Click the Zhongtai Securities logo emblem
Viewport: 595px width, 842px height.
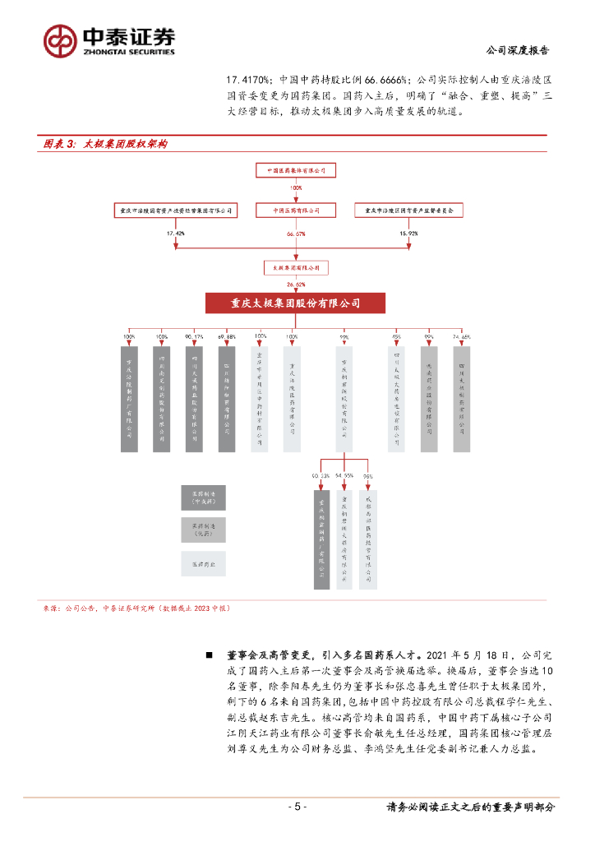coord(62,39)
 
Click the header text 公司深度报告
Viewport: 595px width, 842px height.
coord(519,50)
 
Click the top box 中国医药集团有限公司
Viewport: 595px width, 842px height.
coord(297,170)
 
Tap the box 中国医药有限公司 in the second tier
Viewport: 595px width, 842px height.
coord(297,210)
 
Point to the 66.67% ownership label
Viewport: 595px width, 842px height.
coord(297,234)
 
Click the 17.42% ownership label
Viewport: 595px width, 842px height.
coord(176,234)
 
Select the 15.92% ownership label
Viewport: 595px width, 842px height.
coord(408,234)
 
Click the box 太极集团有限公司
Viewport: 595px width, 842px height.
coord(297,268)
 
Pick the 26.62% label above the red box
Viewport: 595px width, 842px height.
coord(297,285)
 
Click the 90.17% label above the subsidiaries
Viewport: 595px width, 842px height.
coord(194,337)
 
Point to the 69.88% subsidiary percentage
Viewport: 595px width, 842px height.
coord(226,337)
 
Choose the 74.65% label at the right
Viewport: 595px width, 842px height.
coord(461,337)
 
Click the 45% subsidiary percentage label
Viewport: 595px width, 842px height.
coord(396,337)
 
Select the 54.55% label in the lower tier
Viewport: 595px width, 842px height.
coord(344,476)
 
